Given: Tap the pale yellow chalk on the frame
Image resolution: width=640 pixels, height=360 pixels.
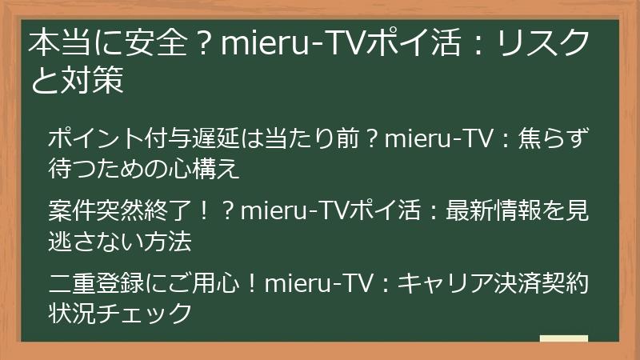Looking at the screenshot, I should [563, 338].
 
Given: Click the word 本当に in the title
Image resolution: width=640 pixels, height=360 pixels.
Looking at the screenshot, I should [68, 45].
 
